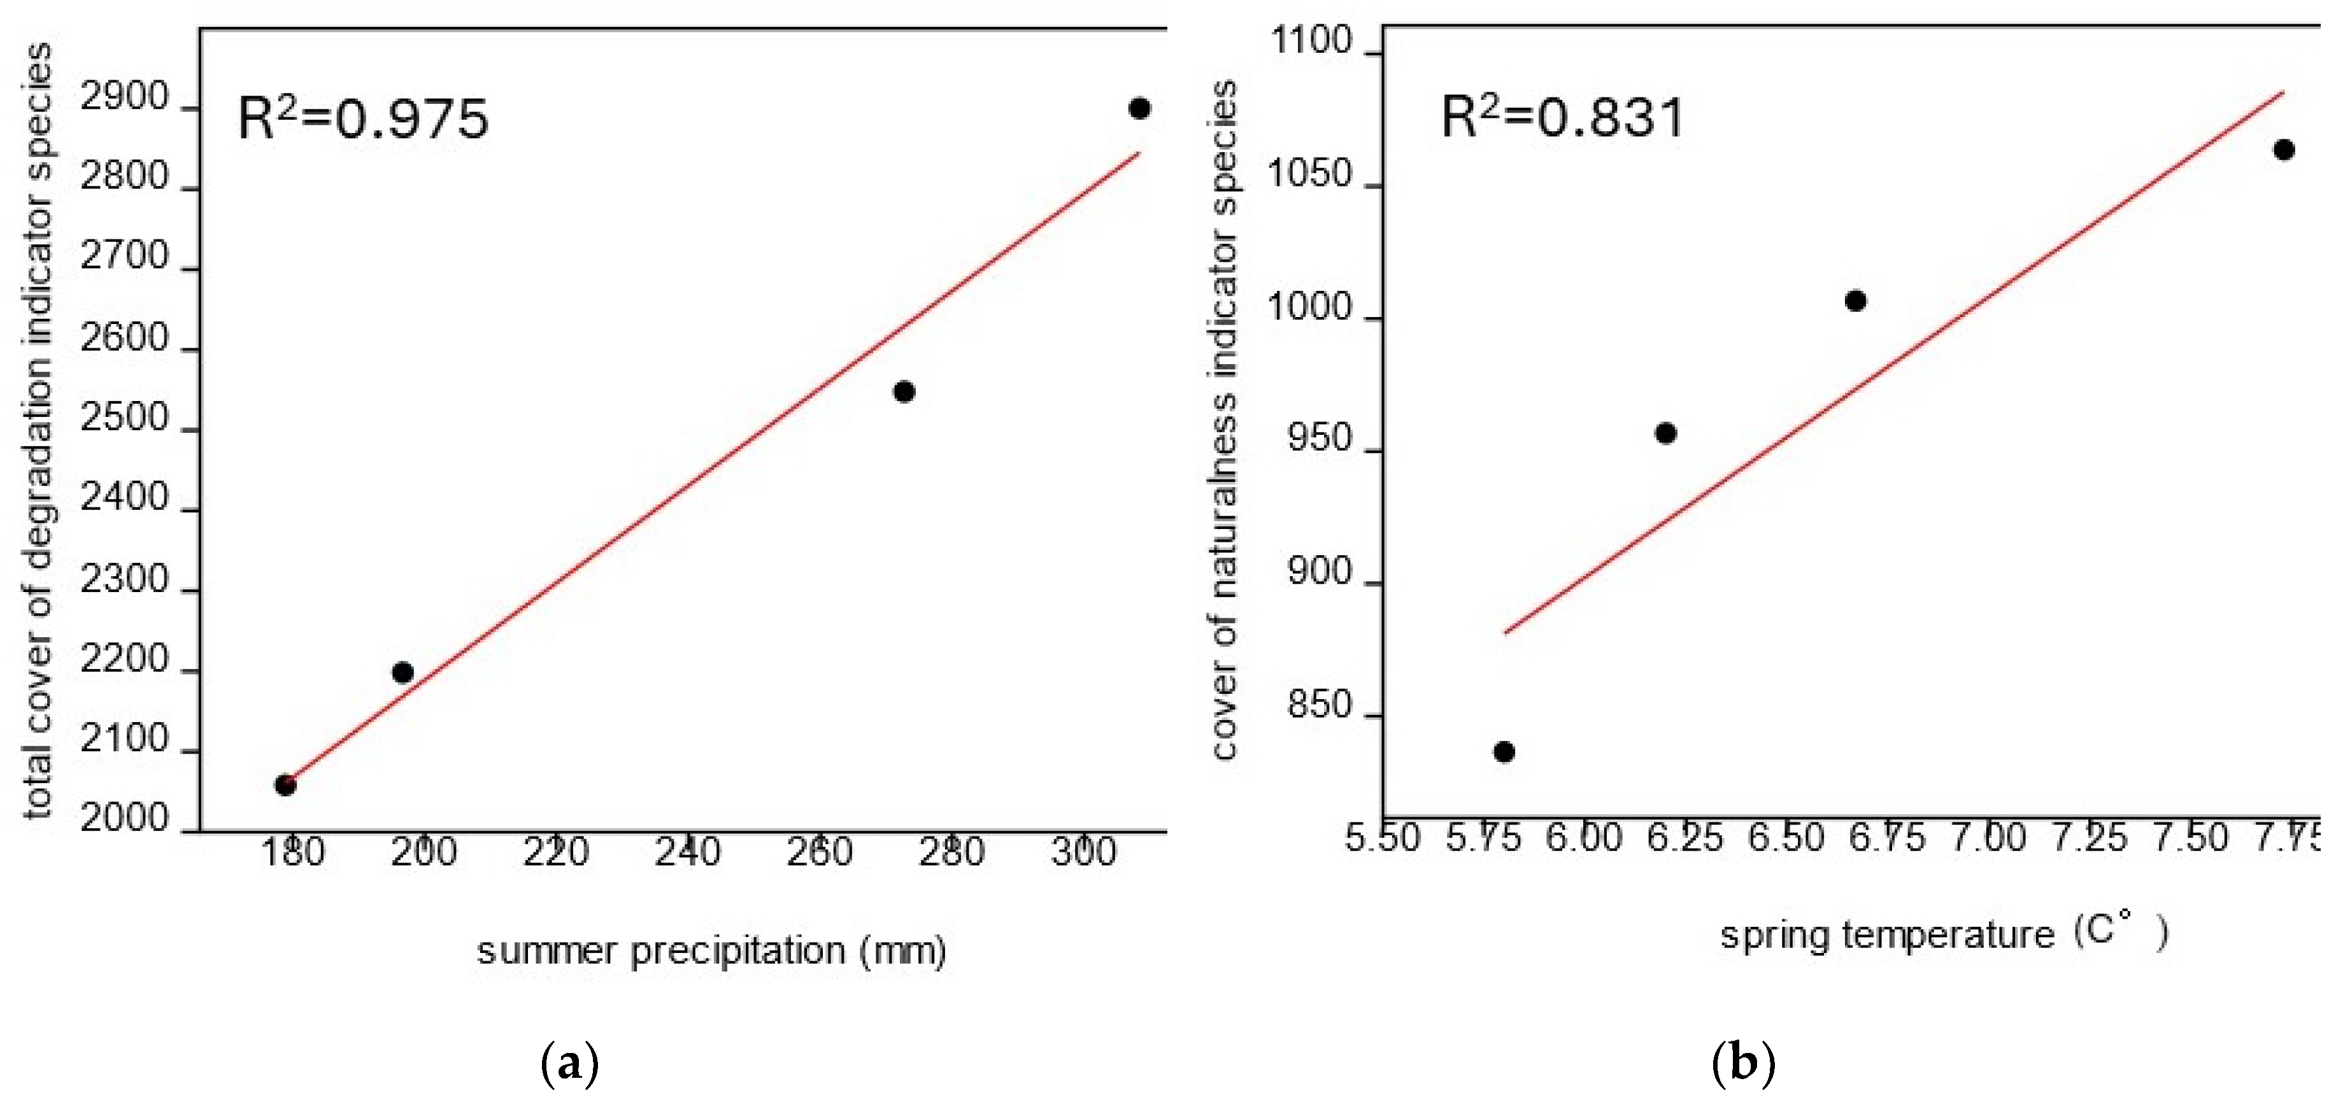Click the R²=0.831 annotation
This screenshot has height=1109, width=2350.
tap(1562, 118)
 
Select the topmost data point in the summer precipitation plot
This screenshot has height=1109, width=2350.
tap(1139, 108)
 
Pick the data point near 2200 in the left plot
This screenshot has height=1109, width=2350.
tap(402, 673)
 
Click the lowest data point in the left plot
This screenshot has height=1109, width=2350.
tap(285, 785)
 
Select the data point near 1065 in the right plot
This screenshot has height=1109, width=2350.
tap(2283, 150)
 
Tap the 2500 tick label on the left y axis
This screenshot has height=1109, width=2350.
tap(125, 419)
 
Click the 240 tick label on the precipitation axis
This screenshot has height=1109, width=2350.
tap(687, 852)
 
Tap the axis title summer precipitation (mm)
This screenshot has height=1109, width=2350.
tap(711, 951)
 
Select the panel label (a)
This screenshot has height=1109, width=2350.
tap(570, 1063)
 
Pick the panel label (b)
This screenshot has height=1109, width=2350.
tap(1743, 1063)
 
